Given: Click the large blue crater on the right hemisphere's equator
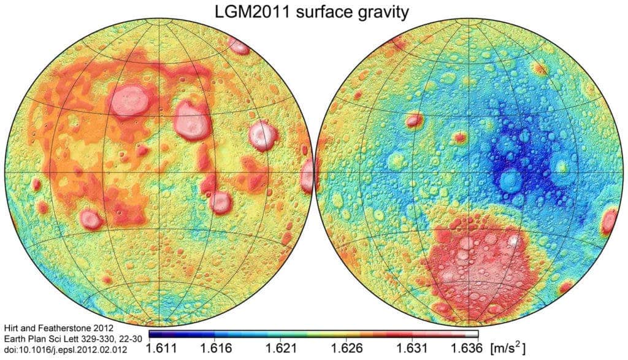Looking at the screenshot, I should click(510, 180).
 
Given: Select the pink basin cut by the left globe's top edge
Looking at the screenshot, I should click(238, 45).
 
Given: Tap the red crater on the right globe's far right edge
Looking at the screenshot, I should click(610, 221).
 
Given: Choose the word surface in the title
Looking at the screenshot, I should click(319, 12).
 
